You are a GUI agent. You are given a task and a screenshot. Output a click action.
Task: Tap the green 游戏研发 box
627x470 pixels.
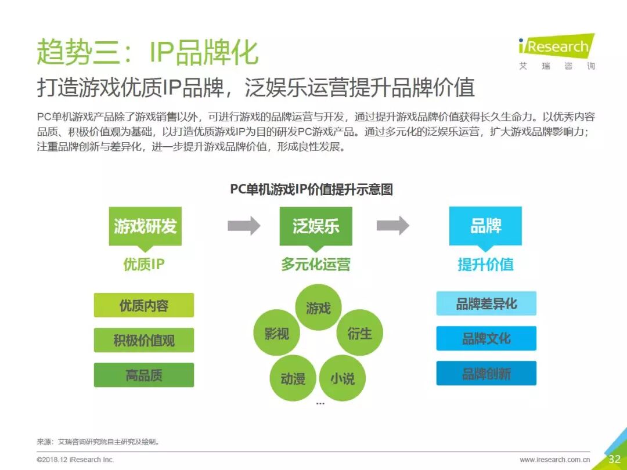pos(145,226)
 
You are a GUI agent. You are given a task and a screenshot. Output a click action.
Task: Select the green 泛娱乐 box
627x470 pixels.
pos(316,226)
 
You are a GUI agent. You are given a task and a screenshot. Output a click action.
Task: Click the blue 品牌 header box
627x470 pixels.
pos(485,226)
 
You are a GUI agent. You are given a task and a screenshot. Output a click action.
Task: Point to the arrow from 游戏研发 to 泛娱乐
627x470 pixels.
pos(244,226)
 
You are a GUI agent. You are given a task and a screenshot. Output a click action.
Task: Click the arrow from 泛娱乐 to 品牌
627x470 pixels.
pos(392,226)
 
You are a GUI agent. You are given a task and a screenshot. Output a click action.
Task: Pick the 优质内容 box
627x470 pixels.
pos(144,305)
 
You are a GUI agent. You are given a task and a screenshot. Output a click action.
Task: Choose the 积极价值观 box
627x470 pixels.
pos(144,340)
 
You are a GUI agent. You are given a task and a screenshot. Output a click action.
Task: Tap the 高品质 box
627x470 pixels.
pos(144,375)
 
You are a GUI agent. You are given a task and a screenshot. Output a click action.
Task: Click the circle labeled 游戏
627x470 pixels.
pos(318,308)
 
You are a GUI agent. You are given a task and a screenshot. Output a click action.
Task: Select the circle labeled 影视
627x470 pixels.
pos(276,333)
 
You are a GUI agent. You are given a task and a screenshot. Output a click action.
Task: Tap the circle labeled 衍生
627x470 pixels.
pos(360,333)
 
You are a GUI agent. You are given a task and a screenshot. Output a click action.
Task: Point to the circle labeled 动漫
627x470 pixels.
pos(293,378)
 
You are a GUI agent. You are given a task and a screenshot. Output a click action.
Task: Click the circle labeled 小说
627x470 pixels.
pos(343,378)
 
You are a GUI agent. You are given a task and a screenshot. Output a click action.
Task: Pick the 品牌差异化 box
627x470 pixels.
pos(487,303)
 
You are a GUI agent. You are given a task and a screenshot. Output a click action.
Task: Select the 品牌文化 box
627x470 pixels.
pos(487,338)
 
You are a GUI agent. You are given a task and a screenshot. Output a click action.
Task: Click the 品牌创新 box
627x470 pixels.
pos(487,373)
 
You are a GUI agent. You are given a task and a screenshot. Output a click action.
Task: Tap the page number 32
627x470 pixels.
pos(614,459)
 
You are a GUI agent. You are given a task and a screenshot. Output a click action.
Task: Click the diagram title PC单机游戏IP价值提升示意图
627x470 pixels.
pos(312,189)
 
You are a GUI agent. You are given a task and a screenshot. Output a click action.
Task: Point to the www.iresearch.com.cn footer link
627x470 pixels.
pos(555,460)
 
